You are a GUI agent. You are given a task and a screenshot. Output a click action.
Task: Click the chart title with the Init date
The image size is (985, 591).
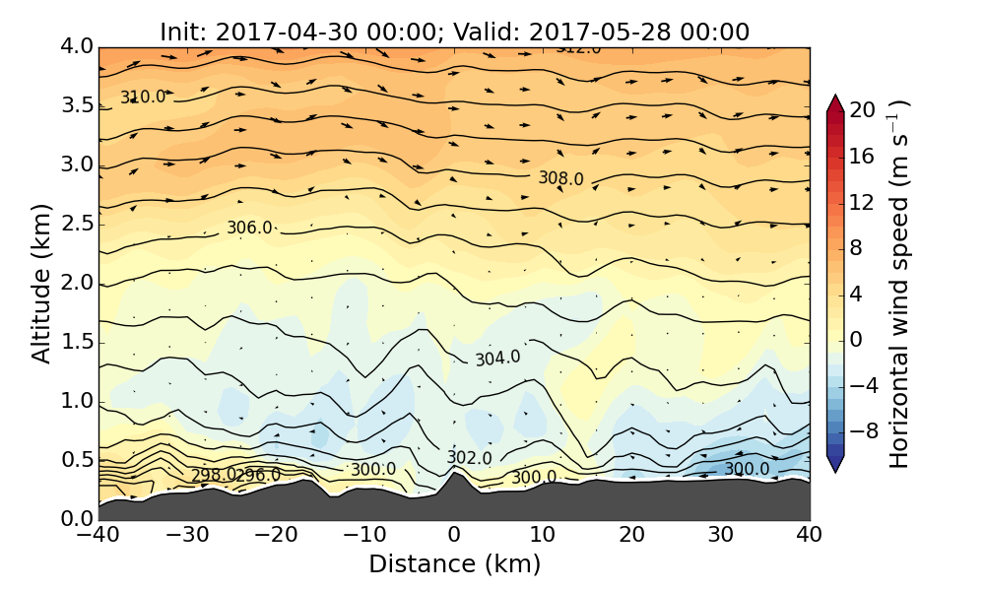click(454, 32)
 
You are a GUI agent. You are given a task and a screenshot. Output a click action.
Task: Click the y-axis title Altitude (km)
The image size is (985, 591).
click(41, 283)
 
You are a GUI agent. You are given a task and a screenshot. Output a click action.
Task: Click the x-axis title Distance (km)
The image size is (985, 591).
click(454, 564)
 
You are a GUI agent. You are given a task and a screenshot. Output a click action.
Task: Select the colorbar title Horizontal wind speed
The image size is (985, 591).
click(899, 284)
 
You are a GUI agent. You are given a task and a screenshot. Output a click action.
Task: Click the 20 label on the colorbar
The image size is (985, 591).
click(863, 110)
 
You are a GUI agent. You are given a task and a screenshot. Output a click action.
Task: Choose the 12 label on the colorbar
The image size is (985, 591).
click(863, 202)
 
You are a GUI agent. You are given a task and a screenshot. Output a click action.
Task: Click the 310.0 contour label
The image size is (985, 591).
click(143, 97)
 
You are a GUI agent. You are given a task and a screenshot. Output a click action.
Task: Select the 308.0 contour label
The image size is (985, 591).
click(560, 178)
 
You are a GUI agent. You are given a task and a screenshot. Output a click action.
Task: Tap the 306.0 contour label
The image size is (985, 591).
click(249, 228)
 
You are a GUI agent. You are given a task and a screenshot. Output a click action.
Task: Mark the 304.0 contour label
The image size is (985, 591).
click(497, 359)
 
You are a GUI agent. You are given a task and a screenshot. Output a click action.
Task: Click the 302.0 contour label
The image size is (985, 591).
click(469, 458)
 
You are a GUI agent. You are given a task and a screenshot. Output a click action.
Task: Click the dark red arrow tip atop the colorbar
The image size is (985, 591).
click(834, 101)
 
